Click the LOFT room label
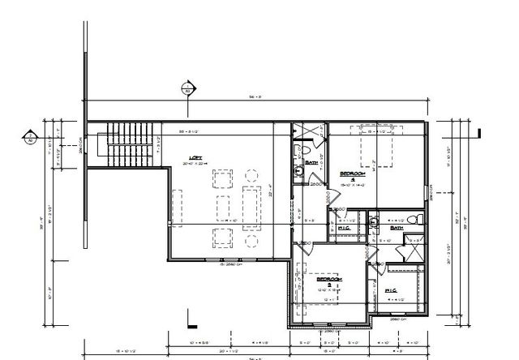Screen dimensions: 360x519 point(195,158)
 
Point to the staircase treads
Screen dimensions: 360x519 point(130,144)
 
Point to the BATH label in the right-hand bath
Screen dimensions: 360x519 point(396,229)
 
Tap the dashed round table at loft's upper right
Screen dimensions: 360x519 point(251,174)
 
